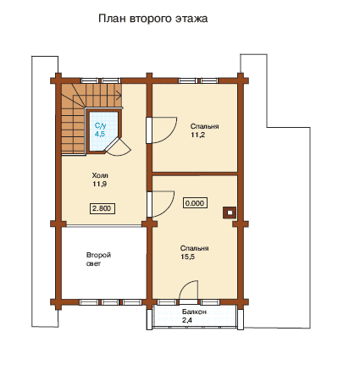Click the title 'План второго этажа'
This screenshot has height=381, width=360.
point(153,19)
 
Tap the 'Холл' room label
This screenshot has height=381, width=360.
point(100,175)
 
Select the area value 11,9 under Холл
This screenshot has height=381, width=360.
point(99,185)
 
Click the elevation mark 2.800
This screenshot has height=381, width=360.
point(102,208)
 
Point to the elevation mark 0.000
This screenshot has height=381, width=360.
point(195,203)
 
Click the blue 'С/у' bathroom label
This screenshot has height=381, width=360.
point(101,125)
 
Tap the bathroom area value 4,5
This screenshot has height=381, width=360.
point(100,134)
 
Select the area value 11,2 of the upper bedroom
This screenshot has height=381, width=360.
point(197,135)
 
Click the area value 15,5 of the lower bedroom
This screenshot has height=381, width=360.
point(188,257)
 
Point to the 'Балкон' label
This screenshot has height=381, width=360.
point(194,312)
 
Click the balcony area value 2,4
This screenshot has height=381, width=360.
point(187,320)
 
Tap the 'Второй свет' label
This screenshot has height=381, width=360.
point(98,259)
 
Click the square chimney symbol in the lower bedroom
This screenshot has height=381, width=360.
point(230,213)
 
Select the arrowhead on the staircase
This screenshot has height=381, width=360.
point(119,95)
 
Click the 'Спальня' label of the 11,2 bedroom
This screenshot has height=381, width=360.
point(204,126)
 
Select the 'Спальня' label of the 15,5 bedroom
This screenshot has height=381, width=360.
point(195,248)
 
